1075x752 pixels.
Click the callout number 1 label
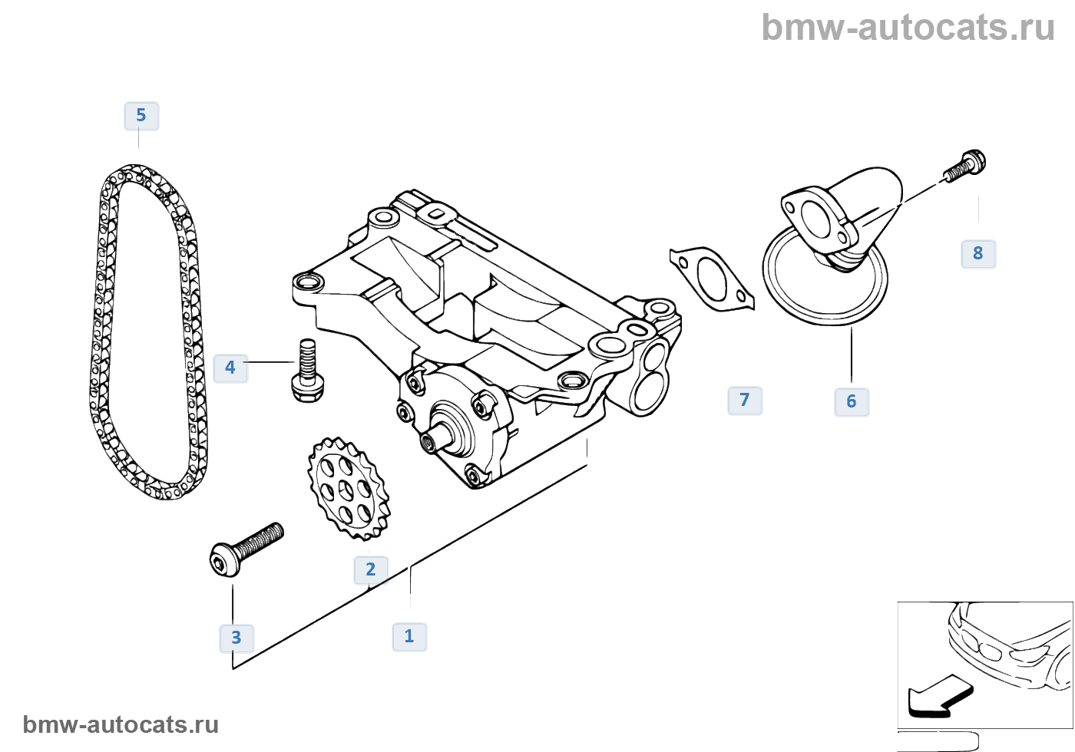(x=409, y=636)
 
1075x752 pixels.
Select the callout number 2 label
(x=370, y=569)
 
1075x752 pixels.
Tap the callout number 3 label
(x=237, y=638)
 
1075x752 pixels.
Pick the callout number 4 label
(x=230, y=368)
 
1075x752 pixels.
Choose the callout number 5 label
(x=141, y=115)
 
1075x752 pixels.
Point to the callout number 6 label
(x=851, y=401)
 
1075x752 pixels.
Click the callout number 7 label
(x=744, y=400)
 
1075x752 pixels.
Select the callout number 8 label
(x=977, y=253)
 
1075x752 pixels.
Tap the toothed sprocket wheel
(x=348, y=487)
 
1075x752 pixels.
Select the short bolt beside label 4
(x=307, y=371)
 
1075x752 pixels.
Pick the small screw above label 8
(x=965, y=166)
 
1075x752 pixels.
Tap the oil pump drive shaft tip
(x=428, y=440)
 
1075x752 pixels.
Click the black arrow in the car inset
(x=938, y=696)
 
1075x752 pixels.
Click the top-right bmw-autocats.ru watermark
(x=908, y=28)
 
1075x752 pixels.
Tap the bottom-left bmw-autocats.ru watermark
(x=121, y=724)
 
